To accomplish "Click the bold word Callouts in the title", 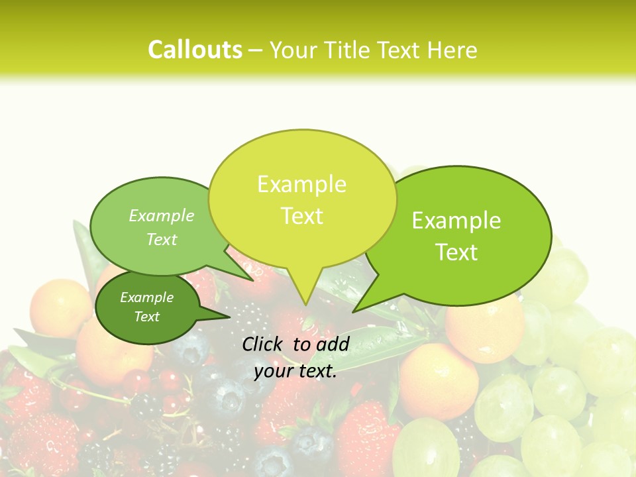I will tap(195, 50).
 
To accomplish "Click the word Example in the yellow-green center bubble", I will tap(301, 184).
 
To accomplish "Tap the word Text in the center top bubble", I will tap(301, 216).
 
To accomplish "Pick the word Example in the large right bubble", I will tap(456, 221).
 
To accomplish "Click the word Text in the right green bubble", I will tap(456, 252).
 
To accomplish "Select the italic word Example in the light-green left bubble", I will tap(162, 216).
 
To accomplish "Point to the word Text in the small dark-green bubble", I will tap(146, 317).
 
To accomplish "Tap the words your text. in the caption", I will tap(295, 372).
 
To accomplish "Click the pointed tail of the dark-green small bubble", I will tap(229, 317).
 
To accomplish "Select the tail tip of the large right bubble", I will tap(354, 311).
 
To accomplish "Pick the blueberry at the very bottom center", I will tap(272, 462).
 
